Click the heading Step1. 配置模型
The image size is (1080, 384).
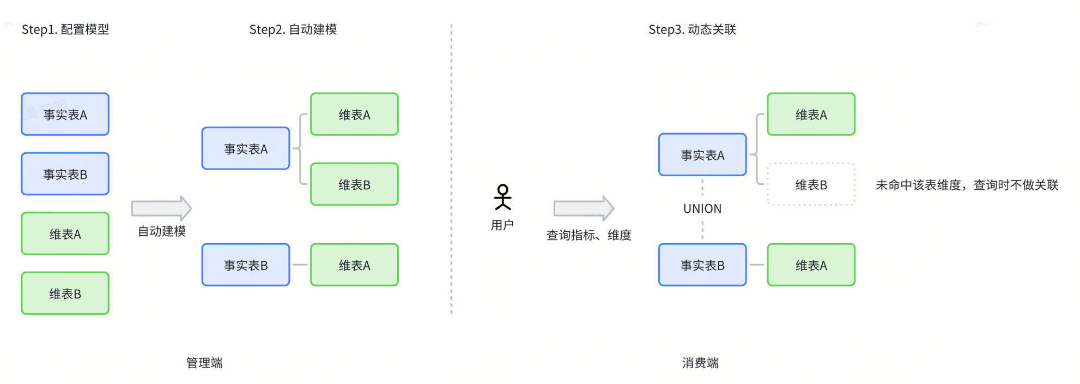coord(65,29)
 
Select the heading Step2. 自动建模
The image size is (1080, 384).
coord(293,29)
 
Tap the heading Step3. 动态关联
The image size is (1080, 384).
coord(692,29)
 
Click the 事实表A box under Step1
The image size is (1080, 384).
coord(65,115)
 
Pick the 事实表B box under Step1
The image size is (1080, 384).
coord(65,174)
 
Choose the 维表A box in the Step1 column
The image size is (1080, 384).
coord(65,234)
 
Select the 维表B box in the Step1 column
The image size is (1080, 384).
coord(65,293)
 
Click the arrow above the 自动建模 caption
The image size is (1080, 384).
coord(161,208)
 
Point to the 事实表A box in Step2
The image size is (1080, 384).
coord(246,149)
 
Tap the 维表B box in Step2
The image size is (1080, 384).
coord(354,184)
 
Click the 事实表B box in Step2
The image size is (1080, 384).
coord(246,265)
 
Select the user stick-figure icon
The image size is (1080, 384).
coord(502,197)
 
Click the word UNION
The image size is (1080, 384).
coord(702,209)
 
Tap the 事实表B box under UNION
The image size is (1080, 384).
coord(702,265)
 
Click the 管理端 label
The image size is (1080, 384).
coord(204,363)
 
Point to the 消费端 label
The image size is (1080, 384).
coord(700,363)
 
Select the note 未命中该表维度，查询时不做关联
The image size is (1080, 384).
coord(967,185)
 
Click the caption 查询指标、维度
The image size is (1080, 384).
coord(588,235)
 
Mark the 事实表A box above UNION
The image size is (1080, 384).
coord(702,155)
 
